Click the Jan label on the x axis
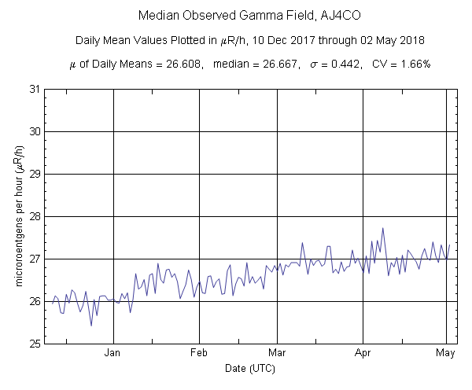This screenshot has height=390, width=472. (113, 353)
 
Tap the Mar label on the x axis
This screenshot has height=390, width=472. (277, 353)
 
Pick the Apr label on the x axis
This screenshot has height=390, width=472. (363, 353)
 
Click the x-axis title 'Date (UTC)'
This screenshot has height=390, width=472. (245, 367)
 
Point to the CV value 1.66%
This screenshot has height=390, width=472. (413, 64)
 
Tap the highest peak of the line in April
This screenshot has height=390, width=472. (383, 228)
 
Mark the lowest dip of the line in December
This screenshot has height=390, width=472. (91, 325)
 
